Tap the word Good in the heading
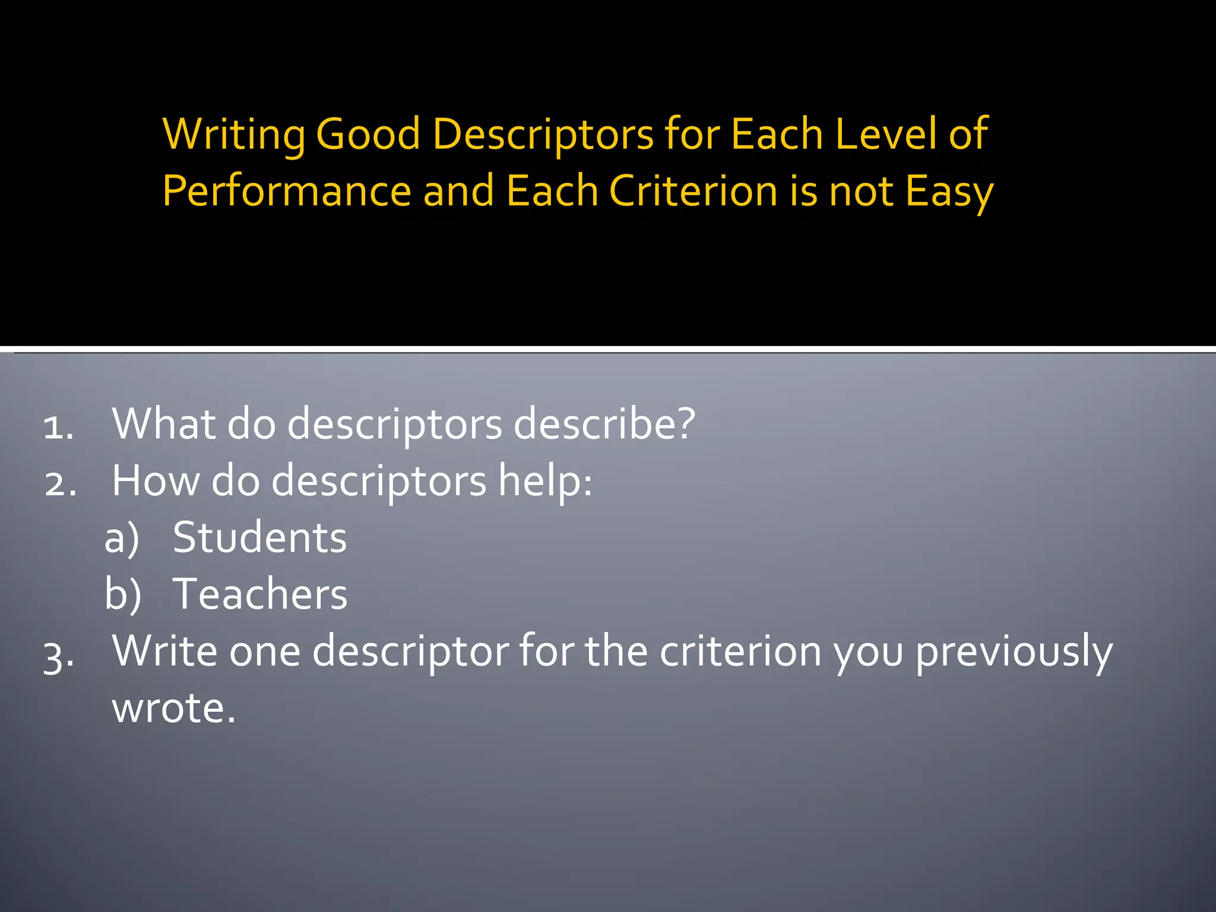coord(368,134)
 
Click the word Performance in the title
coord(287,192)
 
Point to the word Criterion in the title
coord(693,191)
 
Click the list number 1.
coord(58,426)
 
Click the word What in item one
coord(164,424)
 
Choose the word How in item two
coord(156,480)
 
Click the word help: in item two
coord(544,480)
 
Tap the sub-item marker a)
coord(122,538)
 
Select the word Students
coord(259,538)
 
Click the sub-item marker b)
coord(123,594)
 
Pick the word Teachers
coord(259,594)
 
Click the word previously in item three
coord(1014,652)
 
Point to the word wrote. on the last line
coord(173,708)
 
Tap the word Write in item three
coord(165,651)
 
